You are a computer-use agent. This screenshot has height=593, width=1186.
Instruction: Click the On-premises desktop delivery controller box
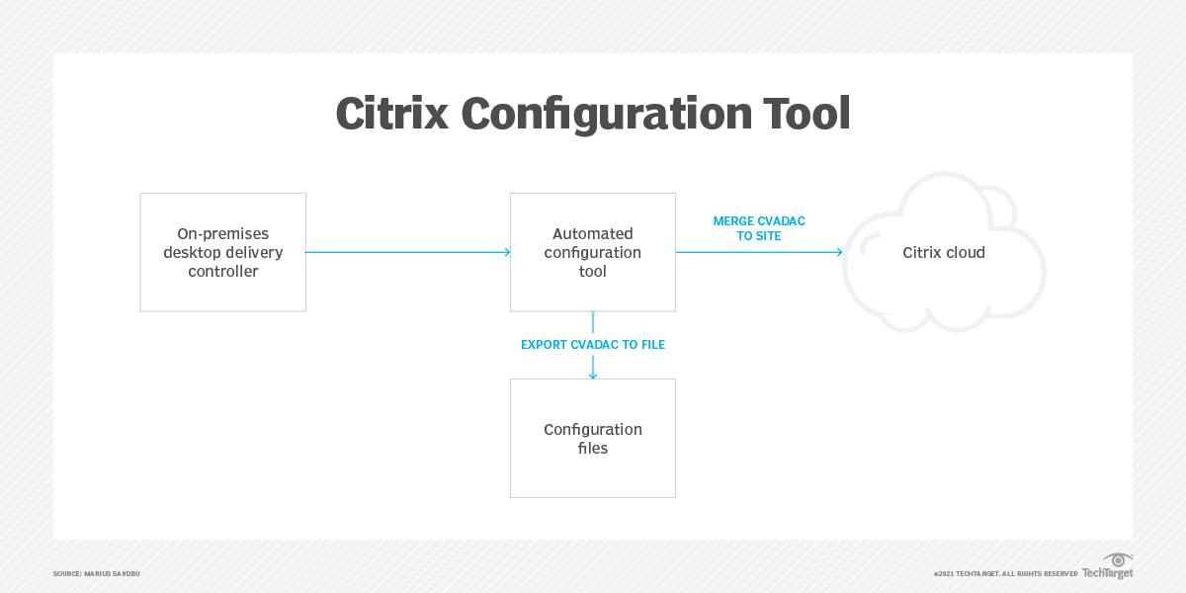pyautogui.click(x=223, y=252)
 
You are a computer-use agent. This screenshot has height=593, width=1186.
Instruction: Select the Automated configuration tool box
pyautogui.click(x=593, y=252)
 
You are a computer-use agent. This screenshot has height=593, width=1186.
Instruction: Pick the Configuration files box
pyautogui.click(x=593, y=438)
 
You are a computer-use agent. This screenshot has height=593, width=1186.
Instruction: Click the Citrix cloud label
pyautogui.click(x=944, y=252)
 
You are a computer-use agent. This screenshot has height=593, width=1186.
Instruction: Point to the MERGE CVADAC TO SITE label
pyautogui.click(x=759, y=228)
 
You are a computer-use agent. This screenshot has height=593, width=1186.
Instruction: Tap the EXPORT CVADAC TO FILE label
pyautogui.click(x=593, y=345)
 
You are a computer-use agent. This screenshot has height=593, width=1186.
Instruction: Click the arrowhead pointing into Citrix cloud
pyautogui.click(x=838, y=252)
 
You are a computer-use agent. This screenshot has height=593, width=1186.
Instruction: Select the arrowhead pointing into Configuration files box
pyautogui.click(x=593, y=375)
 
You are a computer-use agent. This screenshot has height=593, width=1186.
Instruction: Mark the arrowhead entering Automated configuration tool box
pyautogui.click(x=506, y=252)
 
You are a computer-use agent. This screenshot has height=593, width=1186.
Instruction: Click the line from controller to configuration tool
pyautogui.click(x=405, y=252)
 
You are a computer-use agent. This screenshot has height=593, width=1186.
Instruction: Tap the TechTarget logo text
pyautogui.click(x=1107, y=573)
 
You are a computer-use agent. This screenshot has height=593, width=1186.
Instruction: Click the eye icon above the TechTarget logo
pyautogui.click(x=1118, y=559)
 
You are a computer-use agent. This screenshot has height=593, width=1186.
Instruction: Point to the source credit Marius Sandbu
pyautogui.click(x=97, y=574)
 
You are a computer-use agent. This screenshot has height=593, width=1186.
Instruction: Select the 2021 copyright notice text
pyautogui.click(x=1005, y=574)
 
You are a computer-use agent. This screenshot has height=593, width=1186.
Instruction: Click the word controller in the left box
pyautogui.click(x=223, y=271)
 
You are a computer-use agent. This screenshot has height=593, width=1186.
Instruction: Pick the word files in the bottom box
pyautogui.click(x=593, y=448)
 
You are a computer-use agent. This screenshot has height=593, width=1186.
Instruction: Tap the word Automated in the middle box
pyautogui.click(x=593, y=234)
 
